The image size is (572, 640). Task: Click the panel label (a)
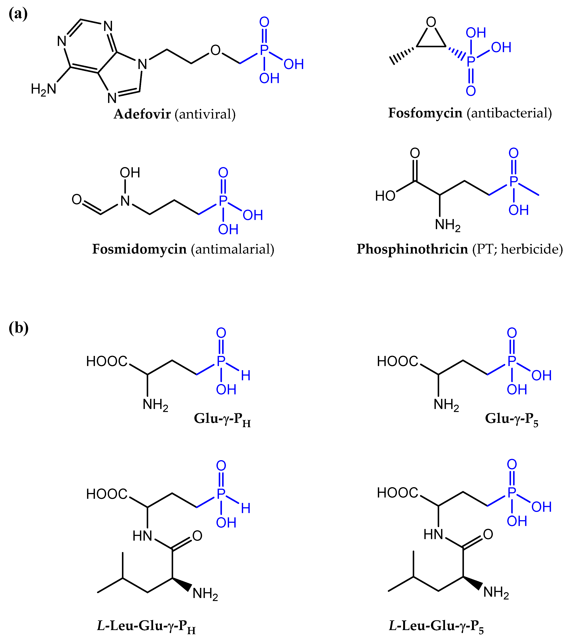pyautogui.click(x=18, y=14)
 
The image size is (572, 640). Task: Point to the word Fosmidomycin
pyautogui.click(x=139, y=249)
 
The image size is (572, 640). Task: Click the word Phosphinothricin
pyautogui.click(x=412, y=249)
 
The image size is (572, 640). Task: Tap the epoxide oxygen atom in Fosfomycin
pyautogui.click(x=431, y=22)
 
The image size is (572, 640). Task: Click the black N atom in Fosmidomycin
pyautogui.click(x=125, y=201)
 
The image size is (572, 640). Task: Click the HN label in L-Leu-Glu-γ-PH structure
pyautogui.click(x=142, y=536)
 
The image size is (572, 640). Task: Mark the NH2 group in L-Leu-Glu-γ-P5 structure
pyautogui.click(x=496, y=592)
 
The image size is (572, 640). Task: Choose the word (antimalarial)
pyautogui.click(x=233, y=249)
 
